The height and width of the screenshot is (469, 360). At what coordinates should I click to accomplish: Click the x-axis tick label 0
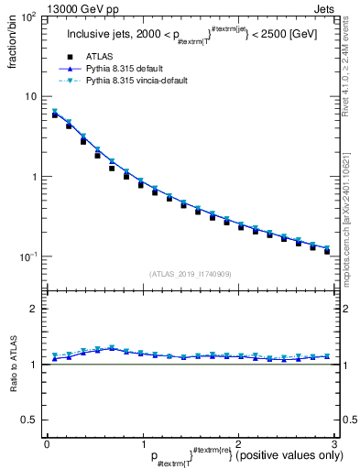click(x=46, y=443)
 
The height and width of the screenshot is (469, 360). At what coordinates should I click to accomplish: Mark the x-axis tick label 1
click(x=141, y=443)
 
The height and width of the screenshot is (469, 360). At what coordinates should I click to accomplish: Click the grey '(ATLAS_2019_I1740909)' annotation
click(x=191, y=274)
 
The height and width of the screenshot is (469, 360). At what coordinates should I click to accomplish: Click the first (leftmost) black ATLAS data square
click(x=55, y=115)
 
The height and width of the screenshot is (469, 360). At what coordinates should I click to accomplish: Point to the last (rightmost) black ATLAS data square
click(x=326, y=250)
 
